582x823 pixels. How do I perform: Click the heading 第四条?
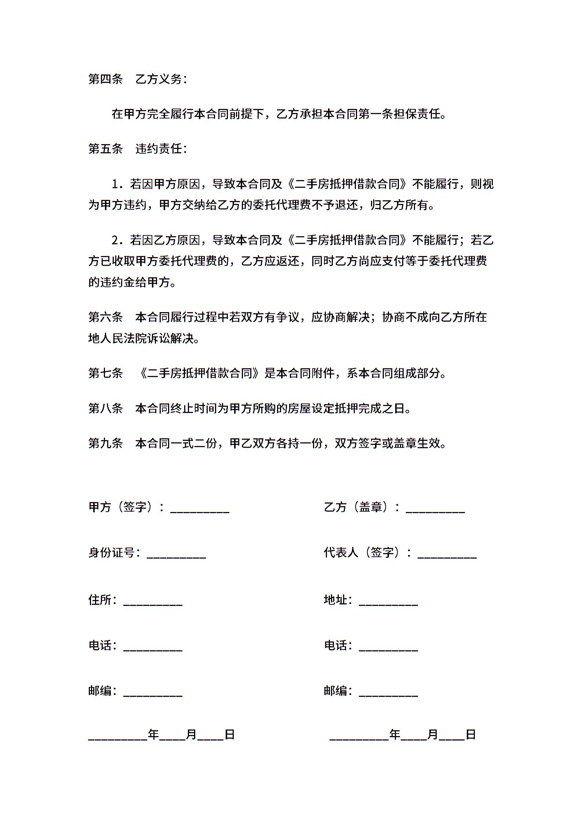pos(105,79)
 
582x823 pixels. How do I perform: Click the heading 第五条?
pos(105,149)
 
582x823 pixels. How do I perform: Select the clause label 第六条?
pos(105,317)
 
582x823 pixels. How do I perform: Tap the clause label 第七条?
pos(105,373)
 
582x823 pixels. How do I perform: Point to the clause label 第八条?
pos(105,408)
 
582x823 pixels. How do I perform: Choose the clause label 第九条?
pos(105,443)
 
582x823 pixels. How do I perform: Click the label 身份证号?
pos(112,552)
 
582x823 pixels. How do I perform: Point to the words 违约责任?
pos(159,149)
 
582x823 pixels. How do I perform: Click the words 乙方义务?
pos(159,79)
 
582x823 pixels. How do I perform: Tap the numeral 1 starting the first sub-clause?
pos(116,184)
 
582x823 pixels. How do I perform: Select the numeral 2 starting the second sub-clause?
pos(116,241)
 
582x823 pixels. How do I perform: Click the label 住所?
pos(100,600)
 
